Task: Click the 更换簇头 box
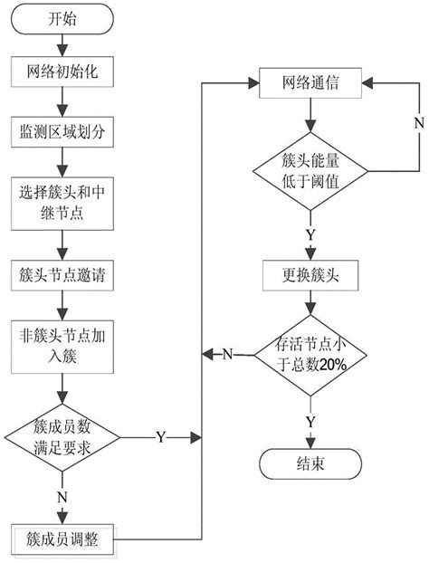(x=310, y=272)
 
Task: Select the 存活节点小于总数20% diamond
(x=310, y=353)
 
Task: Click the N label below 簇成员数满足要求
(x=60, y=496)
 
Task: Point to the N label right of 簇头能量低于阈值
(x=418, y=120)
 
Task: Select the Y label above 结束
(x=310, y=421)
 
